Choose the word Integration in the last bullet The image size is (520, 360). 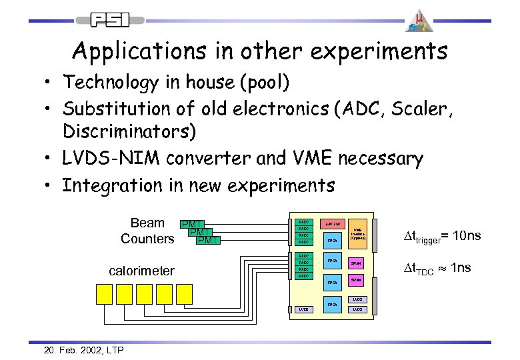107,184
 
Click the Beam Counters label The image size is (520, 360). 147,231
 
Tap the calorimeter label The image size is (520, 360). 141,271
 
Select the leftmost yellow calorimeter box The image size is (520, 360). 106,294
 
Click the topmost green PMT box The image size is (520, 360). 192,224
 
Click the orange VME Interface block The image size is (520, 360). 358,233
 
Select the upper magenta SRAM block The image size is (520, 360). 357,263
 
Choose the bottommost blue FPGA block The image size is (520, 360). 331,304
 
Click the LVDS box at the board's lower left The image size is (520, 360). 303,309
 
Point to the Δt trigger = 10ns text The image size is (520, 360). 443,237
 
